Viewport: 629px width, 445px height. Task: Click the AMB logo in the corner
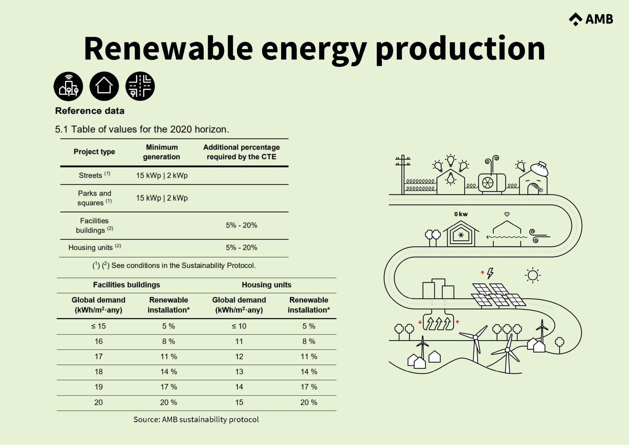[591, 19]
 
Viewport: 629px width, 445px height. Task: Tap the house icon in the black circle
[104, 86]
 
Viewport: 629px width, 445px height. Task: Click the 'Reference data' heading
[90, 111]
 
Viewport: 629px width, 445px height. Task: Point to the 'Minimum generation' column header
[162, 152]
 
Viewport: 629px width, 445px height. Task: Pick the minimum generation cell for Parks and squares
[162, 198]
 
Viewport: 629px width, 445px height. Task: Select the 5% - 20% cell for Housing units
[241, 248]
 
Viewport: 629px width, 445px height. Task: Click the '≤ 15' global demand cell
[98, 326]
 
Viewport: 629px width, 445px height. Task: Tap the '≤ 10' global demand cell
[239, 326]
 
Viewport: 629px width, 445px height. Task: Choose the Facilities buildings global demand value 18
[99, 372]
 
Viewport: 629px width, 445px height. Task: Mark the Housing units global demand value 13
[239, 372]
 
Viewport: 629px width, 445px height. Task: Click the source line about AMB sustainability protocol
[196, 419]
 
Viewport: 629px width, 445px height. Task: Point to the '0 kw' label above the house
[461, 214]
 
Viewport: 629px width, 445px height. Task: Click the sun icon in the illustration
[533, 275]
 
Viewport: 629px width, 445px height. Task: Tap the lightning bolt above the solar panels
[490, 273]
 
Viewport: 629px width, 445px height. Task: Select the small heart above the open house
[507, 214]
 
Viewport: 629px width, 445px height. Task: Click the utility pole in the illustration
[403, 174]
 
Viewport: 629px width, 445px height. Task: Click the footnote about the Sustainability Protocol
[174, 266]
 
